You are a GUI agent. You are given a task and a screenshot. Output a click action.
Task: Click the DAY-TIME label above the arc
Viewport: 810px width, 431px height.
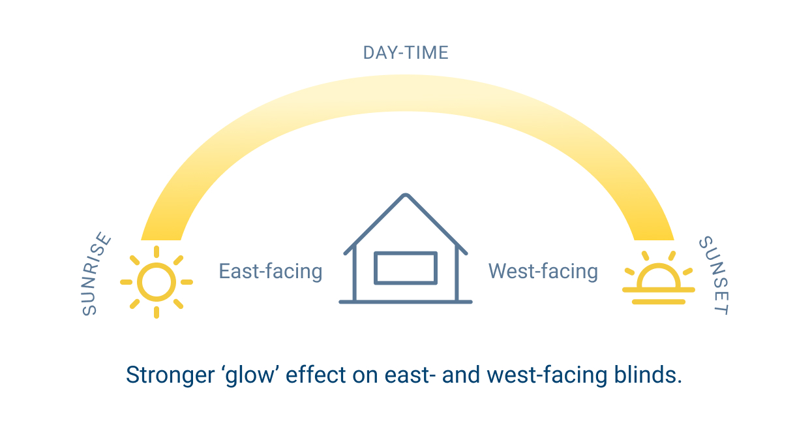point(406,53)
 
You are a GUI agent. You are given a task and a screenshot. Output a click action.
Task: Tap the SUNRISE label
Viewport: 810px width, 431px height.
point(95,274)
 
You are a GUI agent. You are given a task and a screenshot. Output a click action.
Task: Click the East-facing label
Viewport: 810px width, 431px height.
point(271,271)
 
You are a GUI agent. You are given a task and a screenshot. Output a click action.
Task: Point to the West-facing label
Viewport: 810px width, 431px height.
point(543,271)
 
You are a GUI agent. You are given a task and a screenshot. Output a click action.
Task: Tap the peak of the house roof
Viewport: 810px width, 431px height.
point(406,195)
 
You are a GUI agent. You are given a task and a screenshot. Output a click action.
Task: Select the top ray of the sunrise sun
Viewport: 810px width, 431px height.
point(157,251)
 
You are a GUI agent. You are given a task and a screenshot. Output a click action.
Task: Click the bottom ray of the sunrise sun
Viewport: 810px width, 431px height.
point(157,313)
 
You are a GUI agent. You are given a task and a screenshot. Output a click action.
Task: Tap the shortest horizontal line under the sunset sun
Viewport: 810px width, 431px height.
point(659,302)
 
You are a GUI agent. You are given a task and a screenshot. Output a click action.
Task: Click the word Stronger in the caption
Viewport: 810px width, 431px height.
point(170,375)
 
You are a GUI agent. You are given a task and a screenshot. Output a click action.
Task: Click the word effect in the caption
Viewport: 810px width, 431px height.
point(316,374)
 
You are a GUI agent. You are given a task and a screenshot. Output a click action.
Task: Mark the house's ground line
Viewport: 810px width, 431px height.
point(406,302)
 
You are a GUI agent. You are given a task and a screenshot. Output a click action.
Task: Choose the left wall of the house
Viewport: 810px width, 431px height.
point(354,274)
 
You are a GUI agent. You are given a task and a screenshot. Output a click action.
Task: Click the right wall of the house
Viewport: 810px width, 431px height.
point(457,274)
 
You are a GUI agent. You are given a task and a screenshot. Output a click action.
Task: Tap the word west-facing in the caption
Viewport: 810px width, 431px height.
point(547,375)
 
